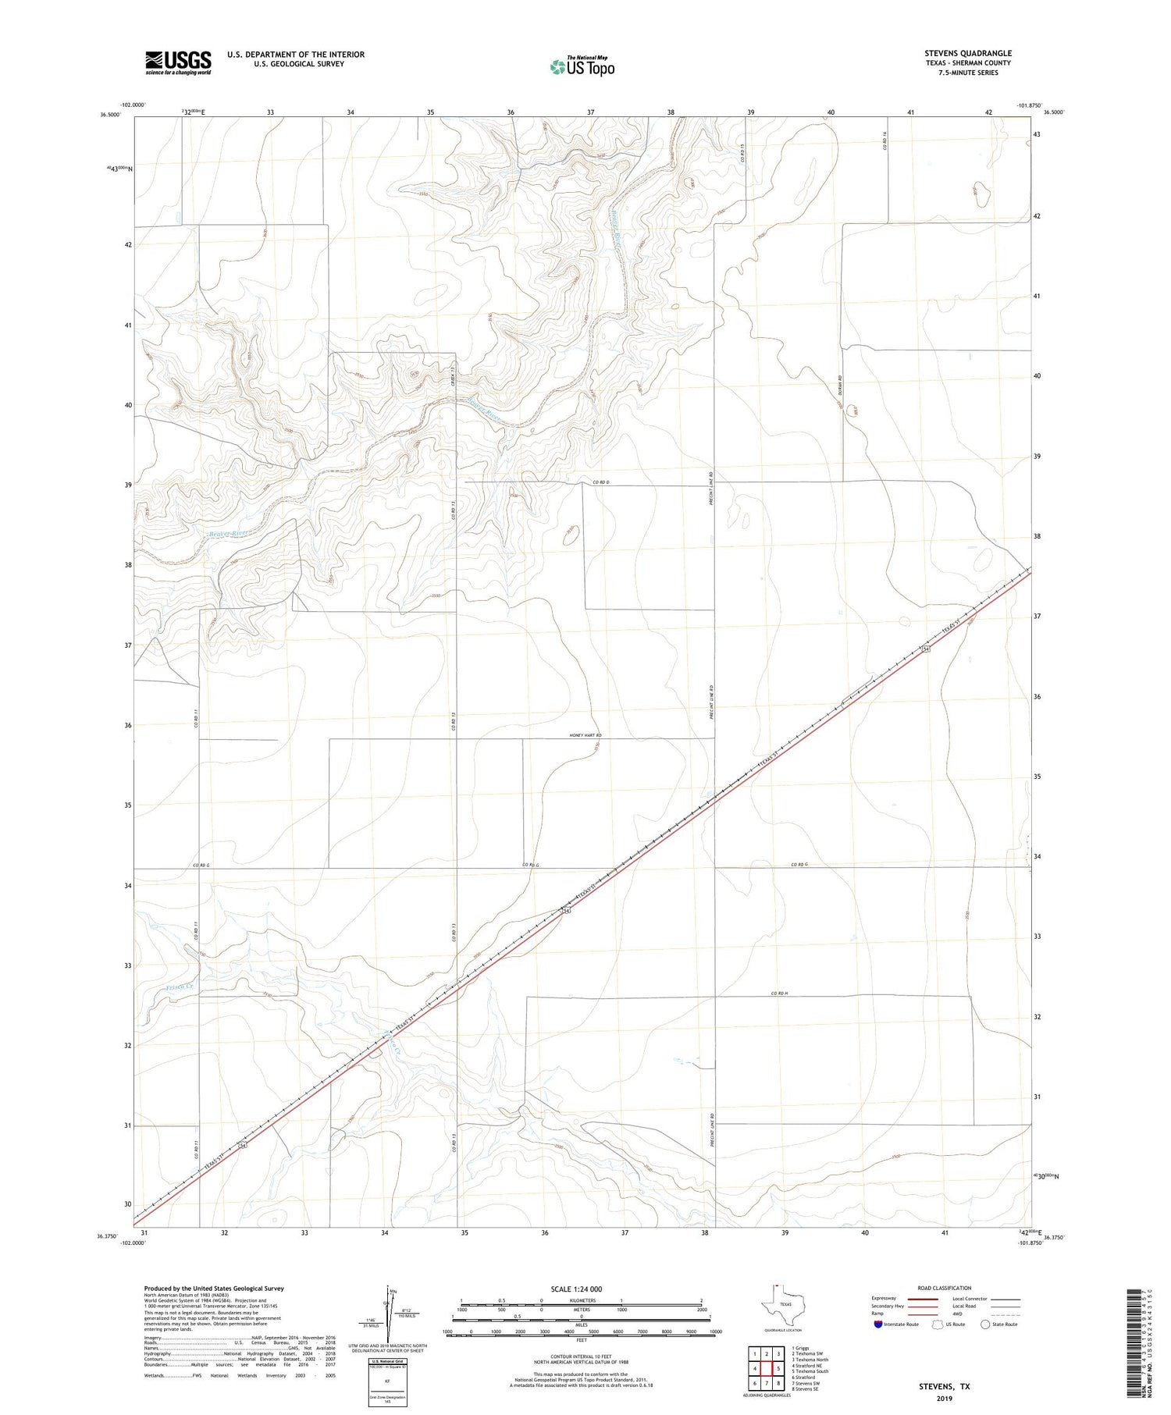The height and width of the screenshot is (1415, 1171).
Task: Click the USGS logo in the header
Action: click(178, 62)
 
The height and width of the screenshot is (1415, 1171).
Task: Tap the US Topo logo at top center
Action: click(582, 67)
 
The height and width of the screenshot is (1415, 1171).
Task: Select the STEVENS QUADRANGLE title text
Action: click(967, 53)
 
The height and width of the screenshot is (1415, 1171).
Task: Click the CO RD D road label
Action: click(600, 482)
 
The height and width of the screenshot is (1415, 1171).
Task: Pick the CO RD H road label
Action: click(780, 994)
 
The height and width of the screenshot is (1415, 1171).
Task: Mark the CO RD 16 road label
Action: click(885, 140)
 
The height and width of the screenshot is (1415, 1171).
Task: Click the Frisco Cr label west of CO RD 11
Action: click(180, 988)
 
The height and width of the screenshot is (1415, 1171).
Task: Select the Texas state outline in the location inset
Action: click(780, 1307)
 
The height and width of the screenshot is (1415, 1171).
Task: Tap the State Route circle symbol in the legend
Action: click(985, 1324)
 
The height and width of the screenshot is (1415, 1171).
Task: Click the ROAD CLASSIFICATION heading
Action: click(945, 1289)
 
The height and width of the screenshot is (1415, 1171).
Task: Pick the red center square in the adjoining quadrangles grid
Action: click(767, 1368)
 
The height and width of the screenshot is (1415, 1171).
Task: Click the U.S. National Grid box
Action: click(388, 1382)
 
